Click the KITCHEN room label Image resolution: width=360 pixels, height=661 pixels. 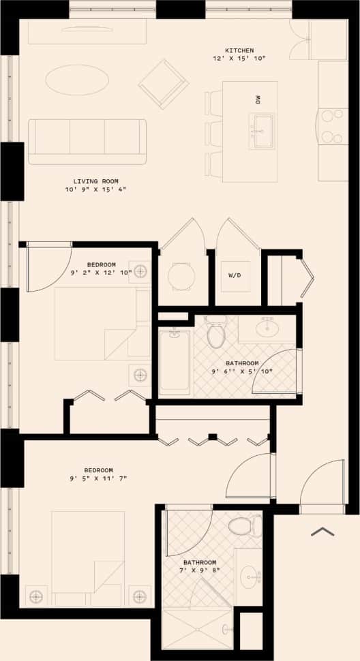[239, 50]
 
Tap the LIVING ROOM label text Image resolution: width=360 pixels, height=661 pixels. [96, 181]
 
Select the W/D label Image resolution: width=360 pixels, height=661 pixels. [233, 276]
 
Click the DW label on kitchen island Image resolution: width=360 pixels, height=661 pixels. [258, 99]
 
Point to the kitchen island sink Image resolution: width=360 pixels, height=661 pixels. [261, 130]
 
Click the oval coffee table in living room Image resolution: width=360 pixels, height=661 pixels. [77, 80]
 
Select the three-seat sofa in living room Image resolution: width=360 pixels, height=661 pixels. [87, 140]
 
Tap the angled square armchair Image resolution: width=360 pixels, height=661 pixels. [164, 84]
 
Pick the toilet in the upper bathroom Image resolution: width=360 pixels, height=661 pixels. [215, 334]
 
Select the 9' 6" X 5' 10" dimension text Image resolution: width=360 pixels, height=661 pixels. [242, 372]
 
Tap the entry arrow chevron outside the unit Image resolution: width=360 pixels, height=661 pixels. [322, 531]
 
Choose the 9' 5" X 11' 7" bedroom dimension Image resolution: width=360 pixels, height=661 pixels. [99, 479]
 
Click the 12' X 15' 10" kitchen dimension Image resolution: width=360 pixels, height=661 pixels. [239, 59]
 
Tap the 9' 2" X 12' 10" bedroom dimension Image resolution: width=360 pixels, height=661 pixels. [101, 273]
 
